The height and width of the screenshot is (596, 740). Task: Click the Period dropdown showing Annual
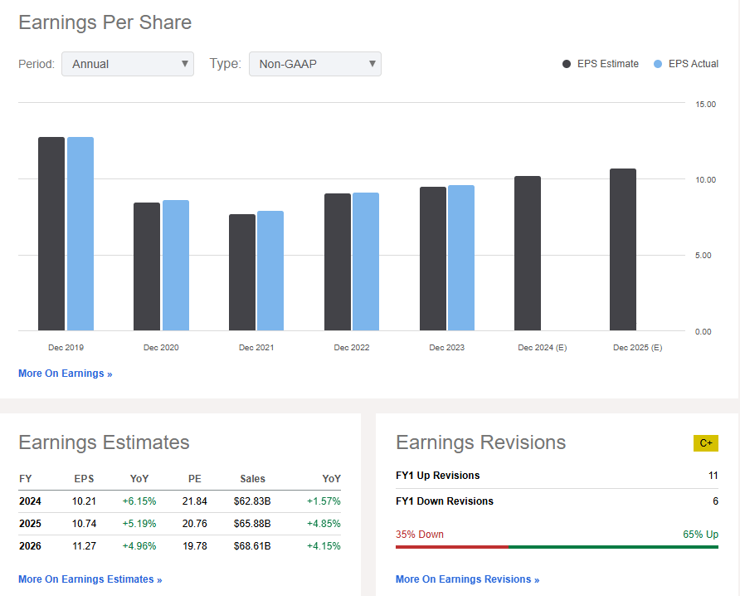(127, 64)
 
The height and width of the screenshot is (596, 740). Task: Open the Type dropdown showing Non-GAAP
(314, 64)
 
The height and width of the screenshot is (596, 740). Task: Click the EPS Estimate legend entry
(601, 64)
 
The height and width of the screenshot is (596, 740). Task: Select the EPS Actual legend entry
(687, 64)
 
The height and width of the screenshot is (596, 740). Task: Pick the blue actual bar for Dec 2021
(270, 271)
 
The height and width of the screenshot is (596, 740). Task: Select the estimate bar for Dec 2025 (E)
(623, 250)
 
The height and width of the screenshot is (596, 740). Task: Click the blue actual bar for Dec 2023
(461, 258)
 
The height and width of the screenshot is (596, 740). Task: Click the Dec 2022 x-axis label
(352, 348)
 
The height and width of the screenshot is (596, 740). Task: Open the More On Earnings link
(65, 374)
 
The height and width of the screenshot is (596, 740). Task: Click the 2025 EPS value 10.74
(84, 524)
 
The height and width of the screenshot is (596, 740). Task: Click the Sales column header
(253, 479)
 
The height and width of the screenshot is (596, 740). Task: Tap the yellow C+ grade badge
(705, 442)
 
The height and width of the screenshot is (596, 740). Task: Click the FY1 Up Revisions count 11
(713, 476)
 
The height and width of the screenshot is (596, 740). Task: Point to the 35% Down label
(420, 534)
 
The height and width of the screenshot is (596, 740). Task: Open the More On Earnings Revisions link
(467, 579)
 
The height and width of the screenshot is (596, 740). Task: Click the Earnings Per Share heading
(105, 22)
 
